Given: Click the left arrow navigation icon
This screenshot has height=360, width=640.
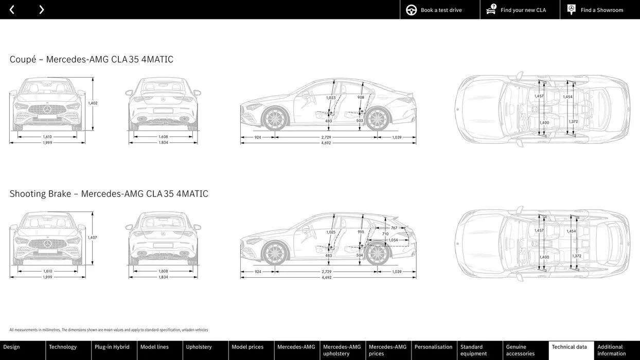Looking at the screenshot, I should (x=12, y=10).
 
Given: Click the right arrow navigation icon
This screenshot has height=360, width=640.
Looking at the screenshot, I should (x=41, y=10).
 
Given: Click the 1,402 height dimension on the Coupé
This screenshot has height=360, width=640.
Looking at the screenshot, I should (x=93, y=103).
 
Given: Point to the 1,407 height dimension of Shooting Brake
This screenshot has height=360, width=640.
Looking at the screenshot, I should (x=93, y=238).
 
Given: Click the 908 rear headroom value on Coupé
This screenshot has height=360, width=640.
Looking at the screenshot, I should (x=361, y=97).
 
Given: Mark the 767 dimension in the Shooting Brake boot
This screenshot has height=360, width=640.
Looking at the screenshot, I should (x=394, y=228).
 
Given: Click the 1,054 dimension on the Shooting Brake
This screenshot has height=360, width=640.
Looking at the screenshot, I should (x=393, y=240).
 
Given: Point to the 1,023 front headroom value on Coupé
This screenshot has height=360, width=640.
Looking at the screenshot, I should (x=331, y=98).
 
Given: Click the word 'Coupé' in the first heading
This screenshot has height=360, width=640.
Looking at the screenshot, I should (x=23, y=60).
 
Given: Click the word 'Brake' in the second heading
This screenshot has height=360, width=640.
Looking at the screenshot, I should (x=60, y=194).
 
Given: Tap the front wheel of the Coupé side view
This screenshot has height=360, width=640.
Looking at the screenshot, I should (x=275, y=119).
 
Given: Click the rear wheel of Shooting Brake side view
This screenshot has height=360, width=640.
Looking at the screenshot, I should (x=378, y=254).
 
